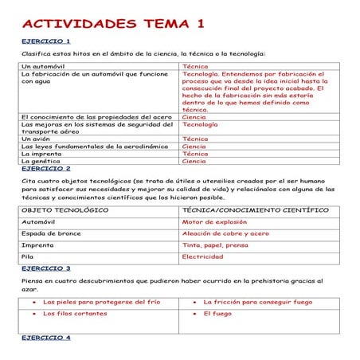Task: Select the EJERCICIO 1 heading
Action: coord(45,41)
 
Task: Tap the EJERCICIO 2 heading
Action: coord(45,169)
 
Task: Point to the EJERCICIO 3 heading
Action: coord(45,268)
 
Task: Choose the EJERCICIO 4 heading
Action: coord(45,338)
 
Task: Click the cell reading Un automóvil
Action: coord(42,66)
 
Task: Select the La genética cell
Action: coord(39,162)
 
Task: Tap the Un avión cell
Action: coord(36,139)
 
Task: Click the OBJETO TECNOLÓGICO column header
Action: coord(65,210)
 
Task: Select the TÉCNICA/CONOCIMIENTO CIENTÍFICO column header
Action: coord(255,210)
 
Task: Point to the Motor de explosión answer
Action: coord(214,222)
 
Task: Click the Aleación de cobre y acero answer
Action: coord(225,233)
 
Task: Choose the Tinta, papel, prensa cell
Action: coord(215,245)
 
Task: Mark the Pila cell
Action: coord(28,257)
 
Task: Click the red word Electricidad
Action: coord(208,257)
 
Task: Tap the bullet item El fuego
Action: coord(217,314)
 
